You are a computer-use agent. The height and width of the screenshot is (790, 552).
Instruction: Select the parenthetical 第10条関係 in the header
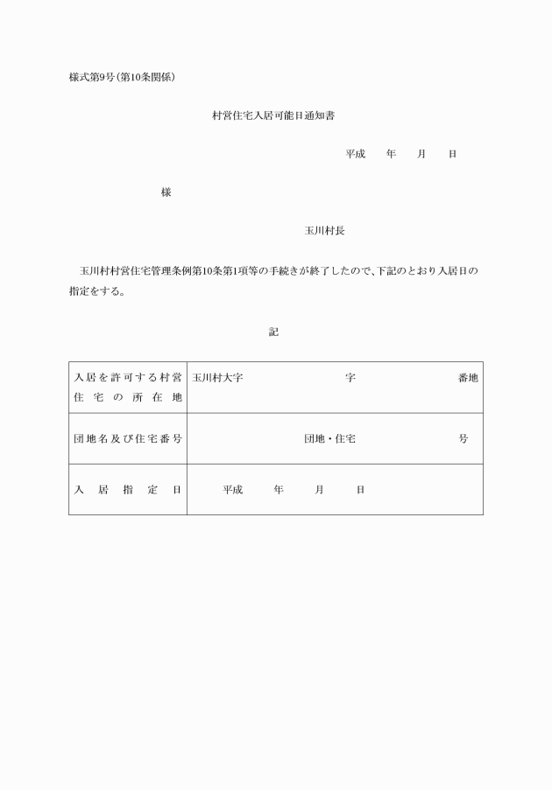152,77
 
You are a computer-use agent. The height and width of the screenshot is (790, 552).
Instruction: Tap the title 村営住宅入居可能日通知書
273,115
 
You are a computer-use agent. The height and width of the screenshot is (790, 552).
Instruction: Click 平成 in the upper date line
355,154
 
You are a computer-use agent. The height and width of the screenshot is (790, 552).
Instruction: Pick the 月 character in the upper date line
421,154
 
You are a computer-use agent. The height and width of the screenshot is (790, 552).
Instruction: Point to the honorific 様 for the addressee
166,192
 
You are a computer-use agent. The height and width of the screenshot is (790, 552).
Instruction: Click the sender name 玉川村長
324,231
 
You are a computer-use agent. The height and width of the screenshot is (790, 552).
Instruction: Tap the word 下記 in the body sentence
389,271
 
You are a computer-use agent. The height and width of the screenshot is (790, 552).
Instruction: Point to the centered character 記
273,332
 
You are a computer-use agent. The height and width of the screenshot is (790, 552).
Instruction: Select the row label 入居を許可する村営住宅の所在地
128,388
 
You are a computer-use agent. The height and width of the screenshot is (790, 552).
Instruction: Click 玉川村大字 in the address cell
217,378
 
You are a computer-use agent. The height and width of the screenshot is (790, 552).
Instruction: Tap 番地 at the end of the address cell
468,378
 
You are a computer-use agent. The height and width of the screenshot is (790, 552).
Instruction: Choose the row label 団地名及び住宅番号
128,438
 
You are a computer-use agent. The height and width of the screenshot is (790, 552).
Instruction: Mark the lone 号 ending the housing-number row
464,438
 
